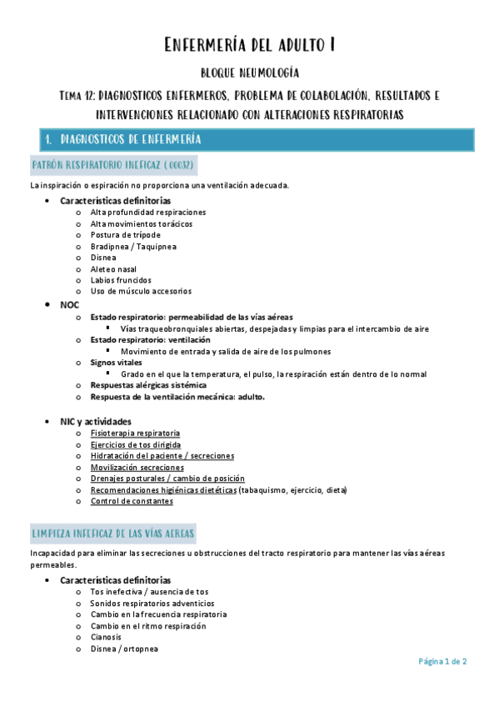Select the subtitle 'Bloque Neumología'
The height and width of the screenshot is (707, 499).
[x=250, y=74]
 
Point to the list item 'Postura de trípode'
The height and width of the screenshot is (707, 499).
[x=125, y=235]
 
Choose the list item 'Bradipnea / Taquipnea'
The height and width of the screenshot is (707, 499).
[x=133, y=247]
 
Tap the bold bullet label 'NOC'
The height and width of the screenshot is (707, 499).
[x=70, y=306]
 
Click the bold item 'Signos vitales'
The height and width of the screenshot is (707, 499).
[x=117, y=363]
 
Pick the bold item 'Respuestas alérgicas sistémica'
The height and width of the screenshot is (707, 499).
[x=148, y=385]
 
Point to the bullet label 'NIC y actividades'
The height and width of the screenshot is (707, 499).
[x=96, y=422]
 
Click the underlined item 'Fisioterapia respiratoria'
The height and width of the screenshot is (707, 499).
[x=135, y=434]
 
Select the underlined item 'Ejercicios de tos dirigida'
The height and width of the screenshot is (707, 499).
[x=136, y=445]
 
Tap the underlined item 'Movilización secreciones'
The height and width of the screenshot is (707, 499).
[x=137, y=468]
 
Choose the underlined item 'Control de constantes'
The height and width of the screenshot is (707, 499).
[x=132, y=501]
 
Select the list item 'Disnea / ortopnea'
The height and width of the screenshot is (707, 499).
[x=124, y=649]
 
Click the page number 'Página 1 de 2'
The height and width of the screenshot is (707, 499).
[x=442, y=661]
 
